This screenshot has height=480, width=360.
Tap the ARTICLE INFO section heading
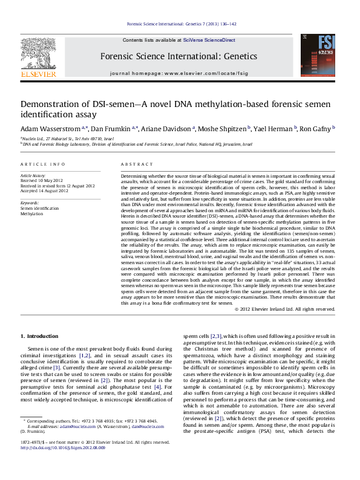pyautogui.click(x=42, y=164)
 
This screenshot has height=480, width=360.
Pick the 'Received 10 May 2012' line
pyautogui.click(x=42, y=180)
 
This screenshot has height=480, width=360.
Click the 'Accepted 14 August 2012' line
pyautogui.click(x=44, y=190)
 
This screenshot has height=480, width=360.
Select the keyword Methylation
pyautogui.click(x=32, y=213)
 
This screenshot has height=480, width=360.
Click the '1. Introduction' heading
pyautogui.click(x=39, y=336)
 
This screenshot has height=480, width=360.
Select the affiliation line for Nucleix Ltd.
pyautogui.click(x=67, y=138)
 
